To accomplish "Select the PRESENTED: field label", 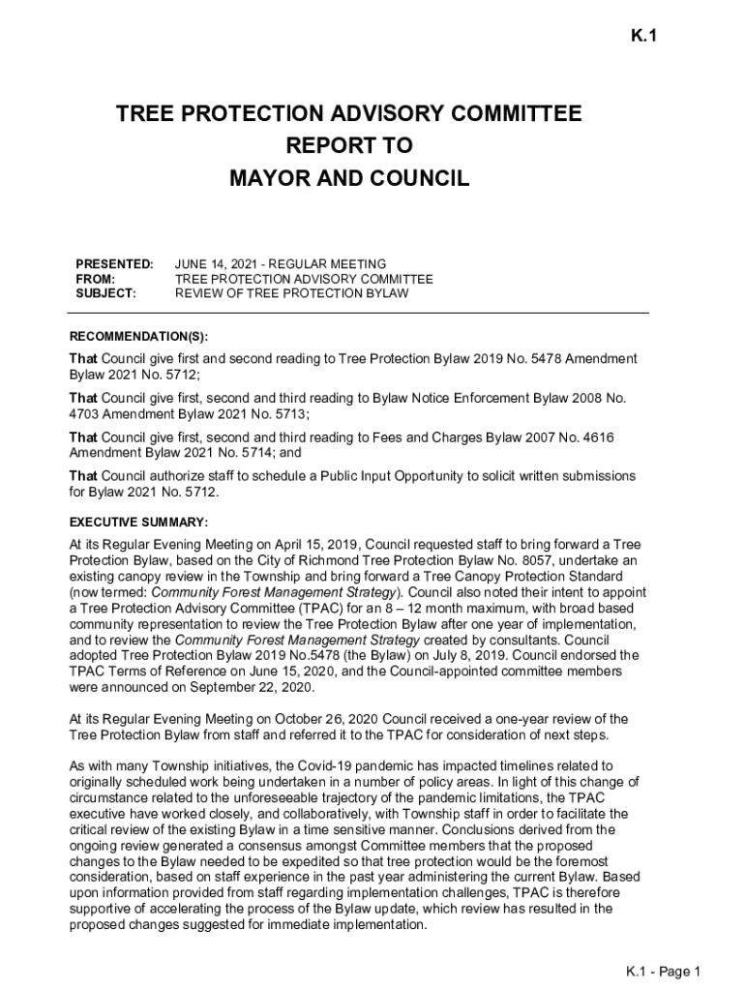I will tap(114, 264).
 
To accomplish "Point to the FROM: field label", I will tap(95, 279).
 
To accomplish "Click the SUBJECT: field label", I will tap(106, 293).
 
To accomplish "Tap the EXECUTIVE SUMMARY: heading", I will tap(138, 523).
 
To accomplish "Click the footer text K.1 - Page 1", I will tap(663, 972).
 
